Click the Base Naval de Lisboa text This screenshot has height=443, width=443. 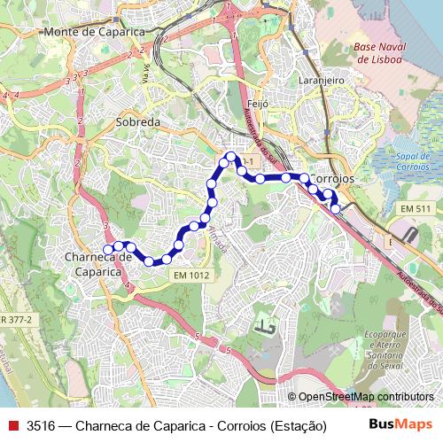tap(377, 52)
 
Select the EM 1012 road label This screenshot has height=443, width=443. tap(192, 276)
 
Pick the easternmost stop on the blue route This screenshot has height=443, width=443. tap(336, 209)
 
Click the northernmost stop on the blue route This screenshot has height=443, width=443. tap(230, 157)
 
